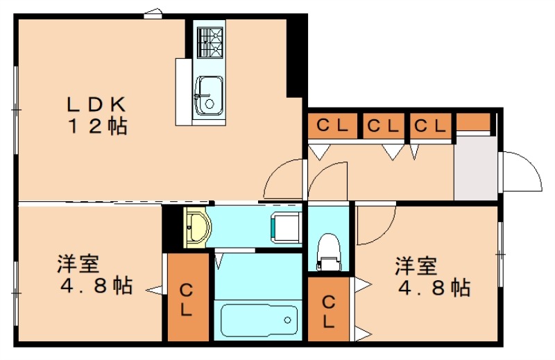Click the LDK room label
[x=95, y=105]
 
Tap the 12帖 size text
[x=96, y=126]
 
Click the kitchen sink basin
[x=208, y=95]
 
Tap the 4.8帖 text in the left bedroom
[x=96, y=285]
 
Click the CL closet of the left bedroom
[x=187, y=298]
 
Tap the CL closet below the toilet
[x=328, y=309]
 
